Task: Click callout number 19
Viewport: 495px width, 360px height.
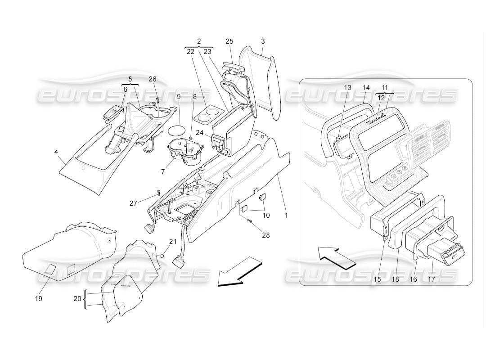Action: pos(39,298)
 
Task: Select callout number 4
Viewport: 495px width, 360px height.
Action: pos(56,152)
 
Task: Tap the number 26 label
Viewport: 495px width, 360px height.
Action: pos(153,79)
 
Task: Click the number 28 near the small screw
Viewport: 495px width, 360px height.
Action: pos(265,235)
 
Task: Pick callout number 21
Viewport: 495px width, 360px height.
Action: pos(173,242)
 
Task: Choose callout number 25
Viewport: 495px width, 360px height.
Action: pos(229,41)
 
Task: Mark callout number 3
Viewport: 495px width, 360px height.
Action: pos(263,41)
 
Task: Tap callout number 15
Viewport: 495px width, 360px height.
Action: pos(377,279)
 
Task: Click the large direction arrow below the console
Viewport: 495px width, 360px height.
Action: pos(239,273)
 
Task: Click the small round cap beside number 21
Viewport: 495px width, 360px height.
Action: pos(162,256)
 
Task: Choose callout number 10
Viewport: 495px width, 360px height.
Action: pos(266,216)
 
